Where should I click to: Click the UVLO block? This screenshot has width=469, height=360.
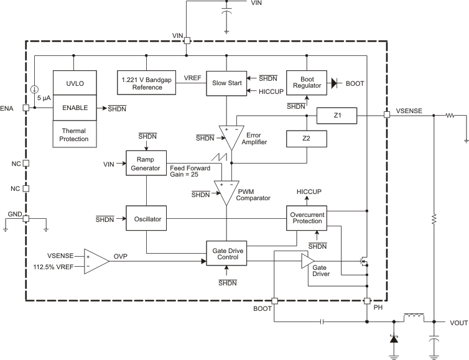tap(74, 83)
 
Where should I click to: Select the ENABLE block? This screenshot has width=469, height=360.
tap(74, 108)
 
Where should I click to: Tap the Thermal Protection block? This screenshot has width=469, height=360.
tap(74, 134)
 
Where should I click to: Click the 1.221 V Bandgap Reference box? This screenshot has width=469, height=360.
tap(146, 83)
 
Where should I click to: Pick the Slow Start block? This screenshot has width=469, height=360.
tap(226, 83)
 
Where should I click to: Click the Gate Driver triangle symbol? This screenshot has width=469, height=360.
tap(307, 264)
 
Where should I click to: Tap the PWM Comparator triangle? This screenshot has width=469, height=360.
tap(225, 191)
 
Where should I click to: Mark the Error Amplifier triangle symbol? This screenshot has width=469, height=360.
tap(230, 136)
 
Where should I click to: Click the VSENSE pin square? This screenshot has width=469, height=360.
tap(386, 115)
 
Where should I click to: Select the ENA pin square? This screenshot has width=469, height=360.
tap(26, 108)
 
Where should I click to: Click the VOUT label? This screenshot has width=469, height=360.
tap(458, 322)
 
